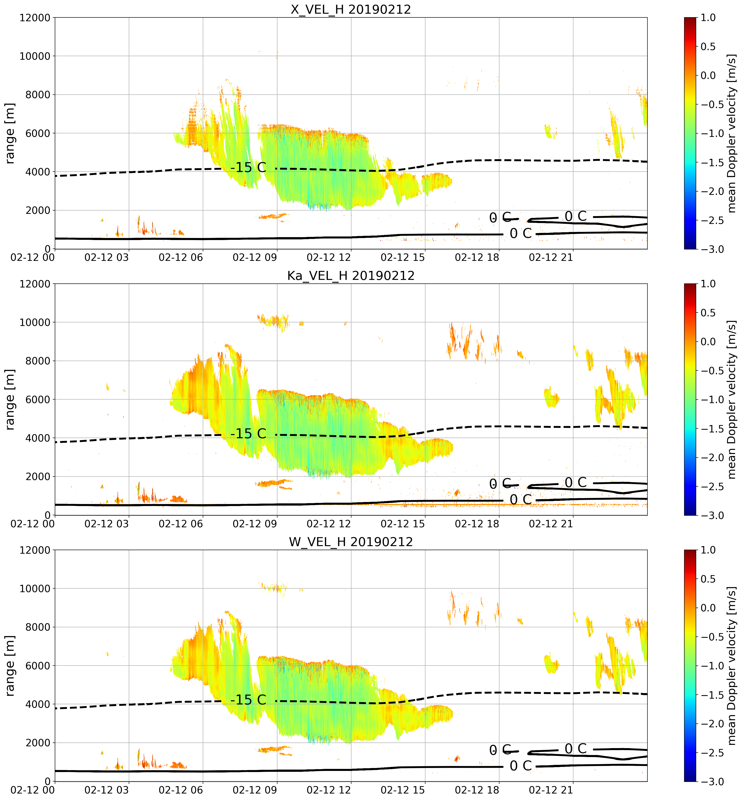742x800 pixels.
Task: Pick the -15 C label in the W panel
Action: [x=248, y=700]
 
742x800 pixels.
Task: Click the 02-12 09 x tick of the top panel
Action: [x=255, y=257]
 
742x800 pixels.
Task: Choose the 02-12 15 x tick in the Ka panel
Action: [x=403, y=524]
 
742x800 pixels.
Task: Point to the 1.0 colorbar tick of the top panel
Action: [x=708, y=18]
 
